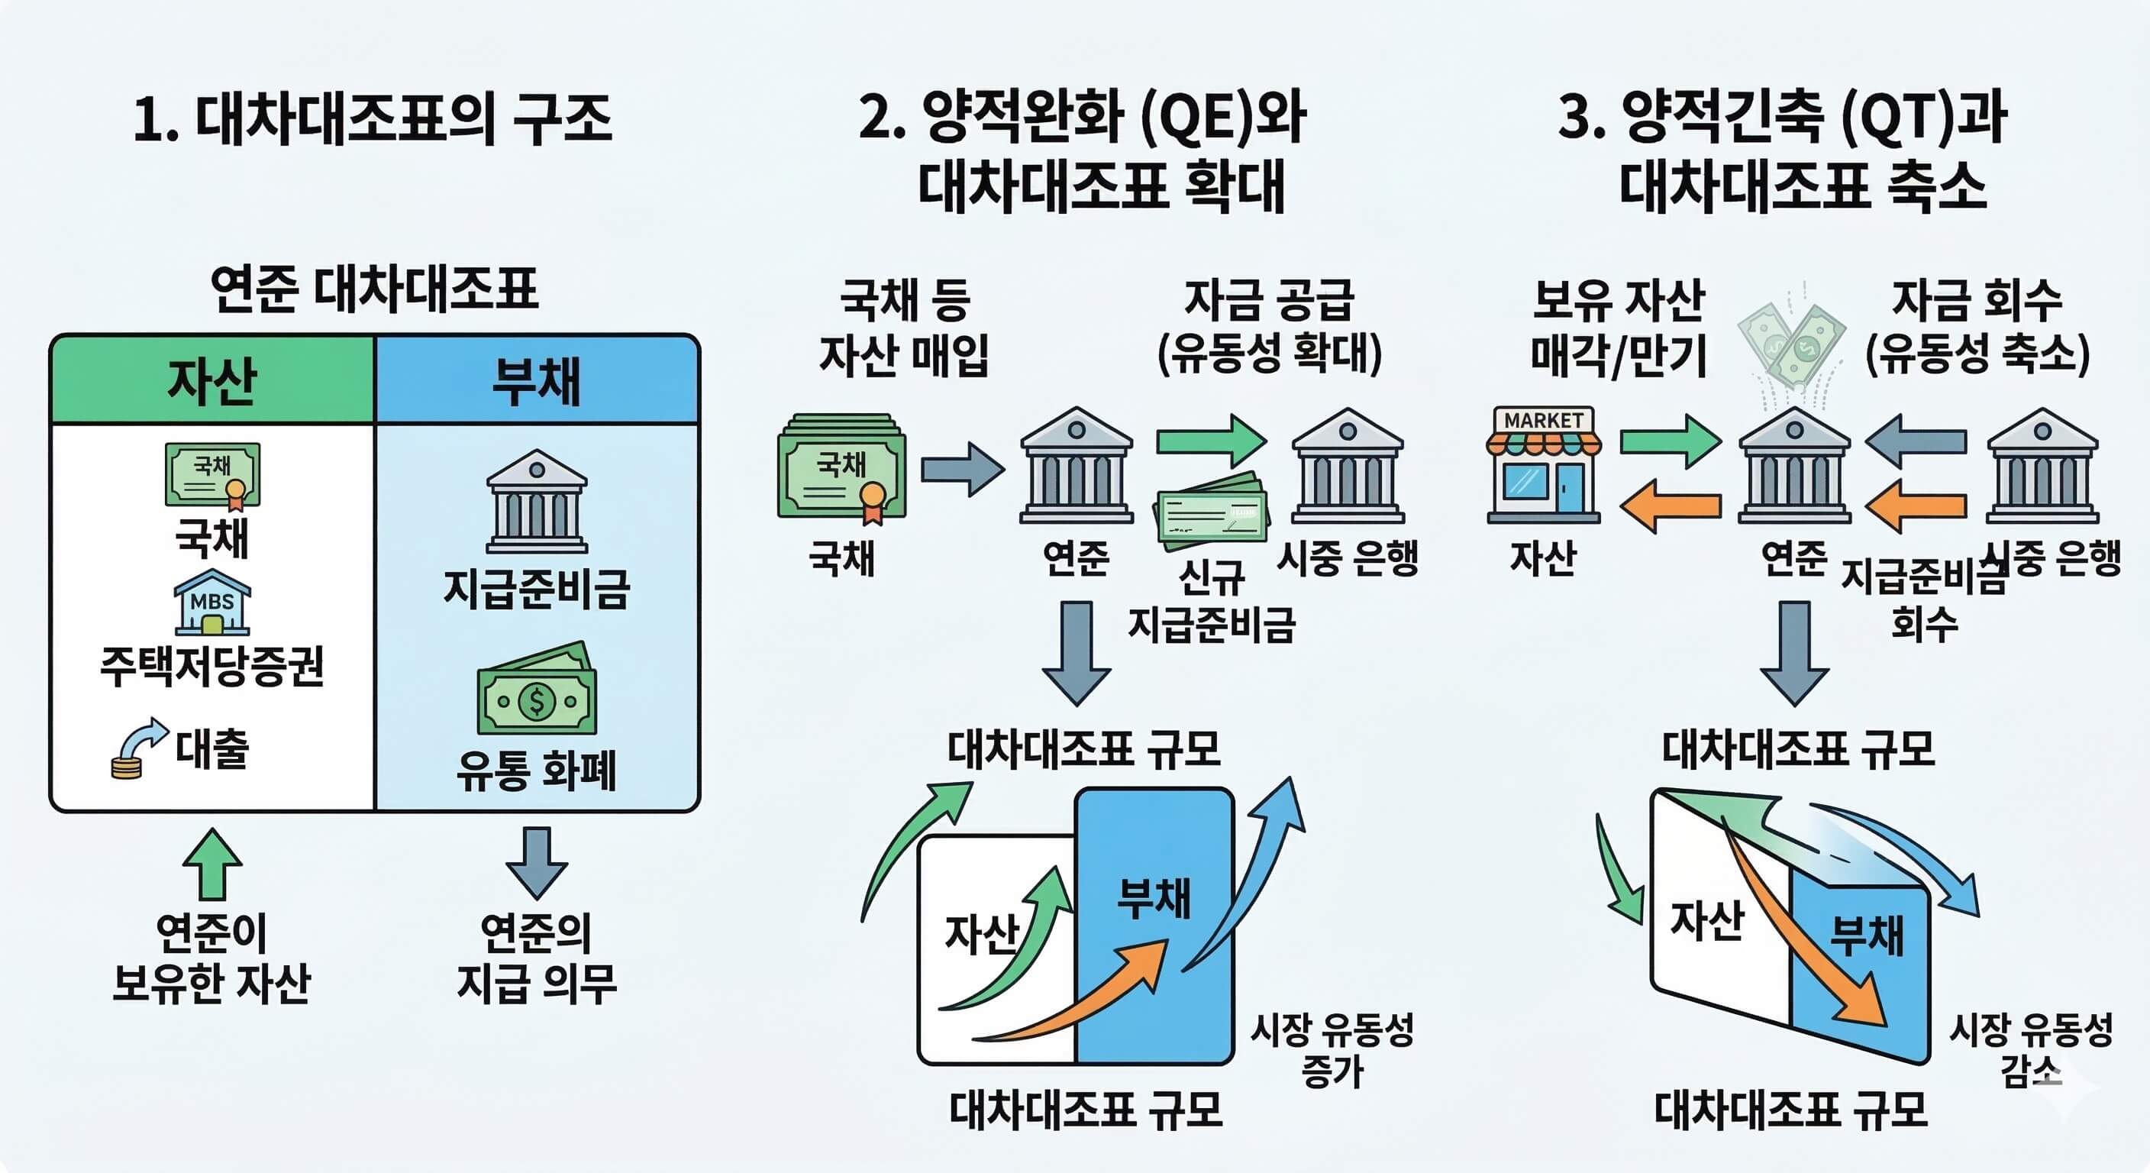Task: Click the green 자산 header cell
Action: tap(212, 381)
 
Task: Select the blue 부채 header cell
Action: tap(537, 381)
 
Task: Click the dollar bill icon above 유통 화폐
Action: tap(537, 690)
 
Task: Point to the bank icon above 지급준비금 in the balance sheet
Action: tap(537, 501)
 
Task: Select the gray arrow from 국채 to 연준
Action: tap(962, 469)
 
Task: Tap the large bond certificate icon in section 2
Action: tap(842, 467)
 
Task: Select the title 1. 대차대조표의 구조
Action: tap(373, 118)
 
